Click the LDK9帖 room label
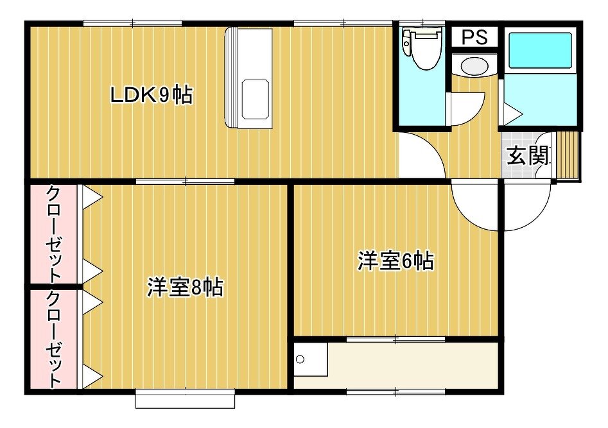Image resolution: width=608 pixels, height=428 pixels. [x=152, y=94]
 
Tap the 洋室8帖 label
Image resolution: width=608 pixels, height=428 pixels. [x=184, y=287]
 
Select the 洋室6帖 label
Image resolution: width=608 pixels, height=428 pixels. [x=395, y=261]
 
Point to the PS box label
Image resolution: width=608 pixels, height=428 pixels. [x=474, y=37]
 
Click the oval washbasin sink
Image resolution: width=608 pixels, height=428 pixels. [x=474, y=66]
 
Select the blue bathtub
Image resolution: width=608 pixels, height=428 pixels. [x=540, y=51]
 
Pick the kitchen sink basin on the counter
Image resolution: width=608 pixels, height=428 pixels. [x=255, y=99]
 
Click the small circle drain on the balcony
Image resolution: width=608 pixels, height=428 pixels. [x=300, y=359]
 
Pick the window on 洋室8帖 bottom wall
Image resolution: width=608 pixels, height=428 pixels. [x=186, y=399]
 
